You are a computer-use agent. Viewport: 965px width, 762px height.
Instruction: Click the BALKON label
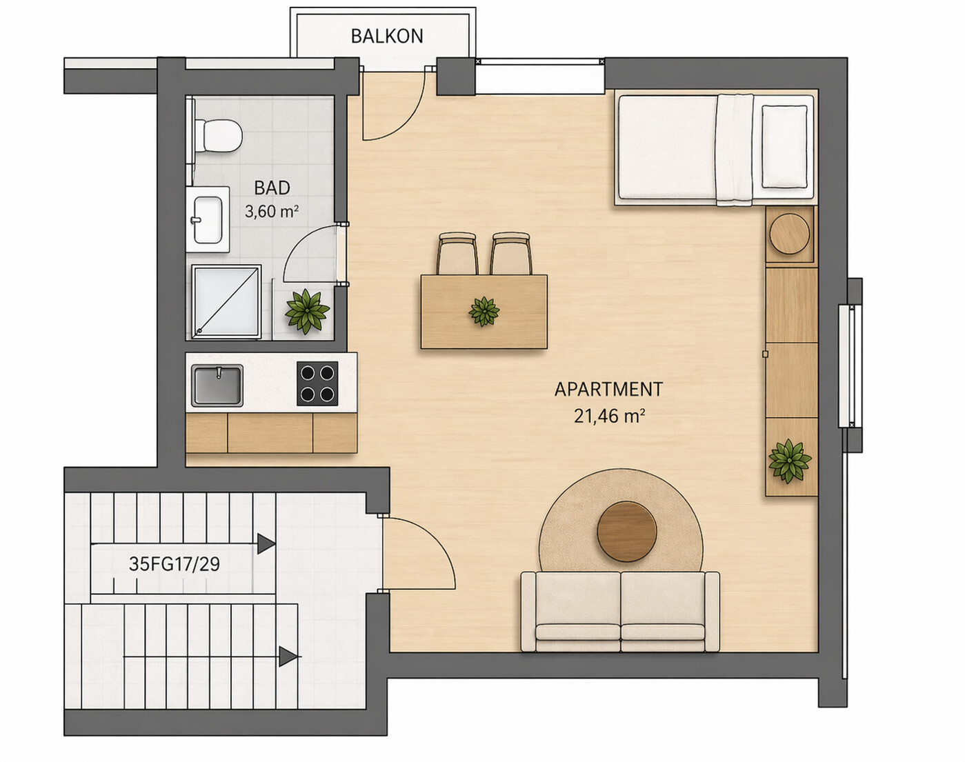tap(387, 37)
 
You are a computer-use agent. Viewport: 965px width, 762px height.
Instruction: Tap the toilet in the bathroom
tap(217, 135)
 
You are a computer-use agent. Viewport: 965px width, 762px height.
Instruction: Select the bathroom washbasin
tap(208, 219)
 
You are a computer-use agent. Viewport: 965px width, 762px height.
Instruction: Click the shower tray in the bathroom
tap(226, 301)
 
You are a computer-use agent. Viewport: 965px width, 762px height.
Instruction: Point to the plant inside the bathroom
tap(307, 311)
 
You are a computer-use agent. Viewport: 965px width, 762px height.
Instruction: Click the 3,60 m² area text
tap(272, 211)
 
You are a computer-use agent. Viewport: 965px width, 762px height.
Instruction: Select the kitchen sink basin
tap(217, 385)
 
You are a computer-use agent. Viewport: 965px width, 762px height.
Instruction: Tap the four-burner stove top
tap(317, 383)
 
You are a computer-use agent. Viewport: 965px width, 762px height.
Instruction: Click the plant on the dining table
tap(484, 311)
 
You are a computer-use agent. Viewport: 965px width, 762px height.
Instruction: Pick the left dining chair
tap(457, 253)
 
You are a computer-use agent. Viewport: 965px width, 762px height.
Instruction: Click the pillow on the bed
tap(784, 147)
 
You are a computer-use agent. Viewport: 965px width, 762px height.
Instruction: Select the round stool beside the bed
tap(789, 234)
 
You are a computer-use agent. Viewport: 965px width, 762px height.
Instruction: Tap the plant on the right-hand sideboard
tap(790, 461)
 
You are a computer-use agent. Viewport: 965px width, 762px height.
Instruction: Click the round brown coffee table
tap(627, 532)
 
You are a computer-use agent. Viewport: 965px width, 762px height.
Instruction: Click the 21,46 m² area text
tap(609, 417)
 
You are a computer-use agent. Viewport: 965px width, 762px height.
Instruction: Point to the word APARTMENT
tap(608, 389)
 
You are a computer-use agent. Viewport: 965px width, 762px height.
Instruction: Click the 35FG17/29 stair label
tap(175, 564)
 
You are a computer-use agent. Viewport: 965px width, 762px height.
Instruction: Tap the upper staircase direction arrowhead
tap(266, 544)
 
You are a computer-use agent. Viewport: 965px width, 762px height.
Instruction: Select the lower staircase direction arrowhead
tap(288, 656)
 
